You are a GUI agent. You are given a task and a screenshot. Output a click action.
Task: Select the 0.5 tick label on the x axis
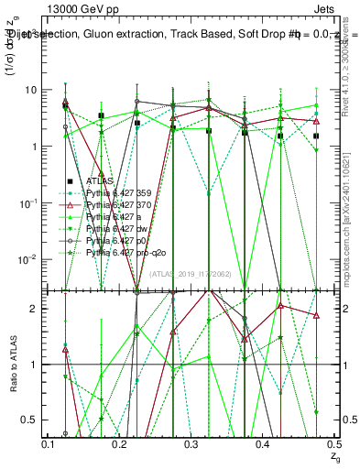pos(333,444)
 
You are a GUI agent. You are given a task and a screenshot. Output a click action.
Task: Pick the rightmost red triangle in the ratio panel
pos(316,315)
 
